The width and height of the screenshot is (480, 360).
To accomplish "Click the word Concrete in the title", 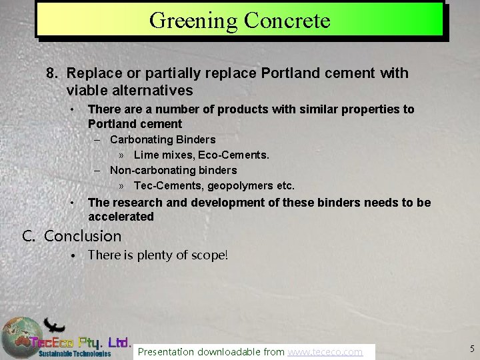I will [x=287, y=21].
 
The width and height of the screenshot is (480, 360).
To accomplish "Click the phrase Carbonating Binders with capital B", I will [x=163, y=139].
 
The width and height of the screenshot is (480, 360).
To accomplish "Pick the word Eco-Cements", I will [x=236, y=155].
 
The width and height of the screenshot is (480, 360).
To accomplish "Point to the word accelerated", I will [x=121, y=217].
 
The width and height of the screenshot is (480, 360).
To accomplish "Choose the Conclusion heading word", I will [x=83, y=236].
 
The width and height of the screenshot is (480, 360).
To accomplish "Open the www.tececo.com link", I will [x=325, y=351].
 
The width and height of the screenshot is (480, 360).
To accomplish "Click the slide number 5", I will [x=471, y=349].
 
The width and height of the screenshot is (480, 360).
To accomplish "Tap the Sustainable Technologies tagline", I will [x=74, y=353].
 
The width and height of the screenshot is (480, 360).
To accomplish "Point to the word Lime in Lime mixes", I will [x=145, y=155].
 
